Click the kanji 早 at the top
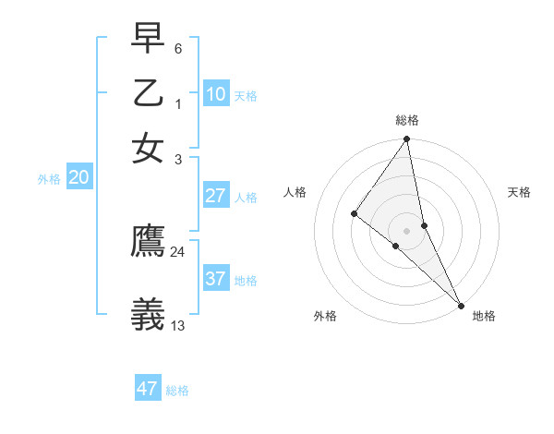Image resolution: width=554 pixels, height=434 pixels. click(149, 39)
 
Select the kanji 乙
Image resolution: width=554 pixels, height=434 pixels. click(149, 94)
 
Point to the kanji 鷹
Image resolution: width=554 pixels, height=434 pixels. click(149, 241)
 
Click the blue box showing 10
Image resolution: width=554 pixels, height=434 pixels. click(216, 94)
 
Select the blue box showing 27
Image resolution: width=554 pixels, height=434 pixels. click(216, 196)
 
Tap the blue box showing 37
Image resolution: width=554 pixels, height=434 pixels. click(216, 278)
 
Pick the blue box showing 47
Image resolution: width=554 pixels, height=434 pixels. click(148, 389)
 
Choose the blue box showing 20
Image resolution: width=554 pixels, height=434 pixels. click(78, 178)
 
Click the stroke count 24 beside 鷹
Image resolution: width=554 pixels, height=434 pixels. click(177, 251)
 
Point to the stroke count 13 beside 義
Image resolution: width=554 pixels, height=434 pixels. click(178, 325)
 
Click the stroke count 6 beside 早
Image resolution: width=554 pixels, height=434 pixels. click(178, 48)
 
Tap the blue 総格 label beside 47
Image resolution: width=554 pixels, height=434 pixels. click(177, 391)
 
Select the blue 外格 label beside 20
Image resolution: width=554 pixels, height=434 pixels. click(49, 179)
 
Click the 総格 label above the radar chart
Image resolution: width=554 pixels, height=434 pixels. click(407, 120)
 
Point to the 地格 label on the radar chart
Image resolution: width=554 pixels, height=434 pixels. click(484, 316)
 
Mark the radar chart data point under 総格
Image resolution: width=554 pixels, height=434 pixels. click(406, 139)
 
